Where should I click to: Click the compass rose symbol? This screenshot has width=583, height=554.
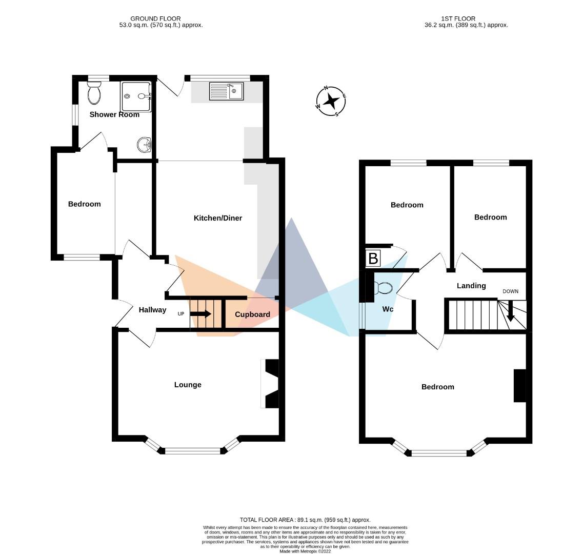(x=331, y=101)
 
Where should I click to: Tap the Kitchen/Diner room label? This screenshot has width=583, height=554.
(x=218, y=218)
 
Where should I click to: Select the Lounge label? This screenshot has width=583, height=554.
(x=188, y=385)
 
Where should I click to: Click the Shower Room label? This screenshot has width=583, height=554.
(x=114, y=114)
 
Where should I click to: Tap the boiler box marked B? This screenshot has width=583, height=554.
(x=373, y=259)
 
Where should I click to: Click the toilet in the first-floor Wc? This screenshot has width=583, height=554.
(x=384, y=288)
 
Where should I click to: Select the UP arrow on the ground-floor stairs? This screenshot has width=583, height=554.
(x=200, y=314)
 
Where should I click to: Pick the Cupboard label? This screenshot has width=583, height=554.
(x=252, y=314)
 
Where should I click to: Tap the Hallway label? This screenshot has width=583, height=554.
(x=152, y=310)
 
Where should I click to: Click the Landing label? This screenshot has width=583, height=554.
(x=471, y=286)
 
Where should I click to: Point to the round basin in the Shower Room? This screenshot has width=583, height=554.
(x=144, y=145)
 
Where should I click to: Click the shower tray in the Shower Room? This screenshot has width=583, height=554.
(x=136, y=96)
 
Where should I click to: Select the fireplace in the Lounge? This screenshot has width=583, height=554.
(x=271, y=384)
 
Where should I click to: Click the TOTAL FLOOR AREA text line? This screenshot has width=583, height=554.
(x=305, y=520)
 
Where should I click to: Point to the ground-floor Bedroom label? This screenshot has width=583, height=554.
(x=85, y=204)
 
